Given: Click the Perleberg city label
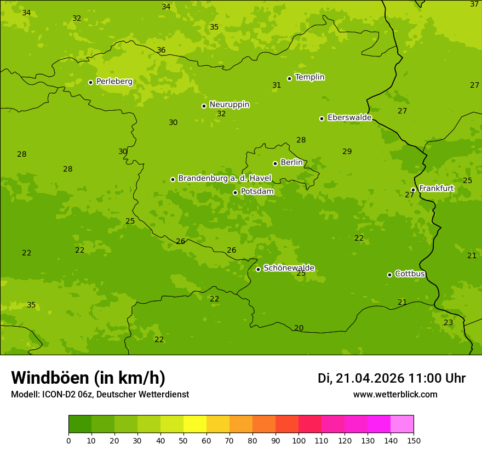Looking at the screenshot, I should point(114,82).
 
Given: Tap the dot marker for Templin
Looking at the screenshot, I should point(289,78).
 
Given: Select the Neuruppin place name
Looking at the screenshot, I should point(229,105).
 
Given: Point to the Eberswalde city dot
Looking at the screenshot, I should point(322,118).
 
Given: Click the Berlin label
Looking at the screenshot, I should point(291,163).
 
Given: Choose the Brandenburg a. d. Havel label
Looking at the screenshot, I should point(225,179).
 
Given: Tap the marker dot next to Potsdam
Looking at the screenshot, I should point(235,192).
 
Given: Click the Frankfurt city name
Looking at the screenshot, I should point(436,189).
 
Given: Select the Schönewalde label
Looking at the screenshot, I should point(289,268).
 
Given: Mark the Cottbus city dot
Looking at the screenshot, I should point(389,275).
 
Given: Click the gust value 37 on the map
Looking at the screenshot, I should point(474,4).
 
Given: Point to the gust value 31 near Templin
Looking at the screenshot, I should point(277,86).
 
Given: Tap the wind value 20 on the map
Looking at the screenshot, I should point(299,328).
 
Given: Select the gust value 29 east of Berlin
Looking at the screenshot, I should point(347,152).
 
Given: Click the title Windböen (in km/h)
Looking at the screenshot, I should point(88,378).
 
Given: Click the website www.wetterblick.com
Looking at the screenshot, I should point(395,395).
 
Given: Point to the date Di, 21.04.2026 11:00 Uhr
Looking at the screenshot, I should point(392,378).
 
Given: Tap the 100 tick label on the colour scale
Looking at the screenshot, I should point(299,440).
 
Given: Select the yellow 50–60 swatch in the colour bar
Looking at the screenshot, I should point(195,424).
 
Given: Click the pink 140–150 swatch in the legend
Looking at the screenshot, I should point(402,424).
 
